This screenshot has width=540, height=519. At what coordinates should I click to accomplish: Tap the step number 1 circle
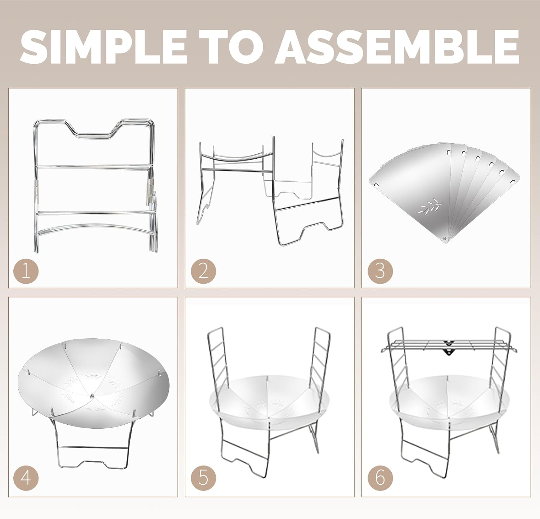pos(26,271)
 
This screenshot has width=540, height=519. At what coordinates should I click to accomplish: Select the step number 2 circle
pos(203,271)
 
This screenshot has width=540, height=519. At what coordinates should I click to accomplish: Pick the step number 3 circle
pos(380,271)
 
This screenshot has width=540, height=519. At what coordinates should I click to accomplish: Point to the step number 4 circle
pos(26,478)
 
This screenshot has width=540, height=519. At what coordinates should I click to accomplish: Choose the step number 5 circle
pos(203,478)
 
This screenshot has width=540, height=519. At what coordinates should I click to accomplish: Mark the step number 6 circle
pos(380,478)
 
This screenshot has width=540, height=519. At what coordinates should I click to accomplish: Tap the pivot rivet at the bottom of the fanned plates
pos(445,238)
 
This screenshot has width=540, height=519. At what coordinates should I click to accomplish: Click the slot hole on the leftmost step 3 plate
pos(376,185)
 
